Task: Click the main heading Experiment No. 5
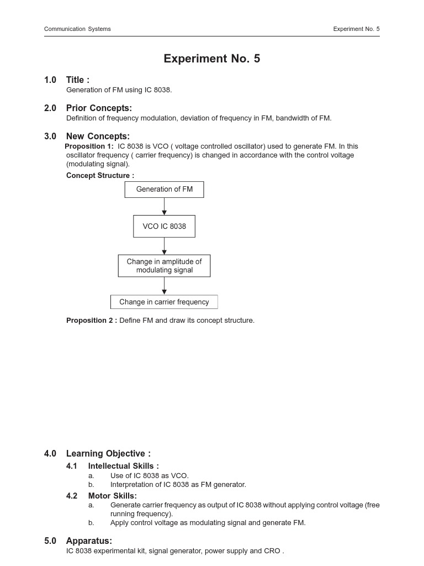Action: click(211, 59)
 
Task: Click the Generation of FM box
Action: click(164, 190)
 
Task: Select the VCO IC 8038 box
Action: click(164, 226)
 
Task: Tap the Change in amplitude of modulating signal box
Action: click(164, 266)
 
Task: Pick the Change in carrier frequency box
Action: click(164, 302)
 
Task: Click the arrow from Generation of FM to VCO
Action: click(164, 206)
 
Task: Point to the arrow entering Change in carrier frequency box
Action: click(164, 286)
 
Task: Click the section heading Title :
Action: click(78, 80)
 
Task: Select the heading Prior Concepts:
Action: click(99, 108)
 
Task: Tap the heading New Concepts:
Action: click(98, 137)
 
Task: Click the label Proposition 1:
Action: click(89, 146)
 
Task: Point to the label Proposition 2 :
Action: click(92, 321)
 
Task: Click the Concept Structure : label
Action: click(100, 176)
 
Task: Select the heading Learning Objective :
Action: click(108, 454)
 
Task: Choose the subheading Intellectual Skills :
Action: click(123, 466)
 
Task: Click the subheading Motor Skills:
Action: click(112, 496)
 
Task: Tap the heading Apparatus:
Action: click(89, 541)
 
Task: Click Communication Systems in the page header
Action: click(77, 29)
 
